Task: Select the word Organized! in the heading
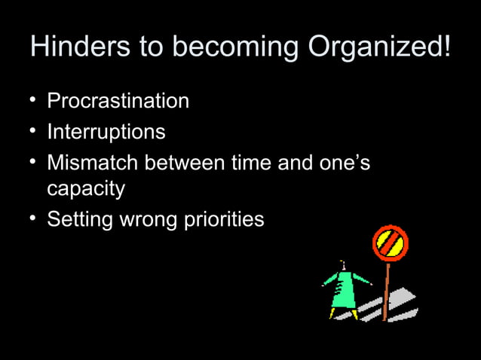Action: (379, 48)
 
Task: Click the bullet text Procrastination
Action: (118, 101)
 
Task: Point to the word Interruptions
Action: (106, 133)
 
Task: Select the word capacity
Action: (86, 190)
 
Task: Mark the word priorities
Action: (224, 220)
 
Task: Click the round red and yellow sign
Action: (390, 243)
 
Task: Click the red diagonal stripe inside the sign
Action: (390, 243)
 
